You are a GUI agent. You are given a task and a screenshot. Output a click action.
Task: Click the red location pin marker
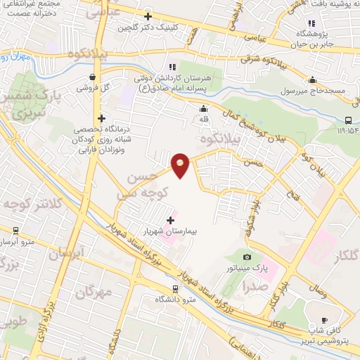(181, 165)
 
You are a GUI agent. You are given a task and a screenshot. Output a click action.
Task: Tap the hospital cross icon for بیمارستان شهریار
(170, 220)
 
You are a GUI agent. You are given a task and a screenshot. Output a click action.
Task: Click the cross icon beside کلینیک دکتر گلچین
(147, 16)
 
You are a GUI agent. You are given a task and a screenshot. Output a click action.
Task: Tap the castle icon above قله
(203, 109)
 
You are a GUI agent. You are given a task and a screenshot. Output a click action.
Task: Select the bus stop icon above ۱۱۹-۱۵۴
(349, 120)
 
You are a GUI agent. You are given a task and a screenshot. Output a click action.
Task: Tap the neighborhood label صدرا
(254, 287)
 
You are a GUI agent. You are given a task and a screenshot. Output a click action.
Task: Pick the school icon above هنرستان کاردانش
(172, 66)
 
